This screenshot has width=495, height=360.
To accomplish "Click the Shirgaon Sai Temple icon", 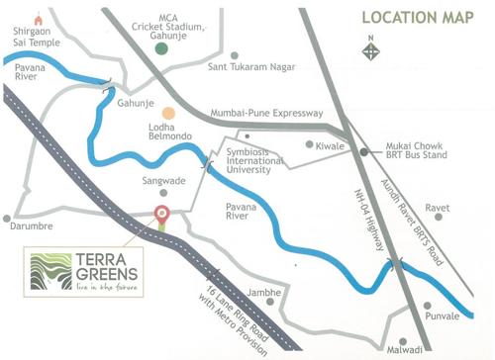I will pos(39,19).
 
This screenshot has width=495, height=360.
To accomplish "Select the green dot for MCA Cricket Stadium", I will pos(161,46).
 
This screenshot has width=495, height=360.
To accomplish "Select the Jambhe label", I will pos(266,293).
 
